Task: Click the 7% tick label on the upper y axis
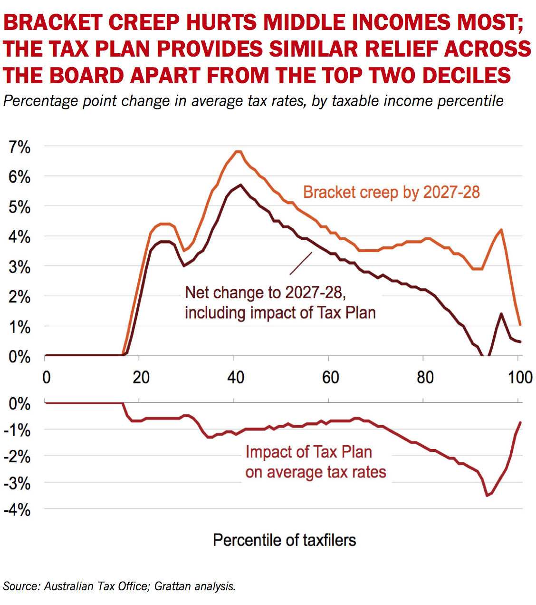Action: [19, 147]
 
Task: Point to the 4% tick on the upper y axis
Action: [19, 237]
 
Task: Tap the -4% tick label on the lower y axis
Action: [17, 510]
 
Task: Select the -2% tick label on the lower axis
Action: [17, 457]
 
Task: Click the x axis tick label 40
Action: [235, 377]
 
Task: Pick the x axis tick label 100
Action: [520, 377]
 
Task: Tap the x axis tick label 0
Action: [46, 377]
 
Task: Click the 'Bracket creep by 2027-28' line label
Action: [391, 192]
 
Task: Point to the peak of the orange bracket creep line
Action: [239, 152]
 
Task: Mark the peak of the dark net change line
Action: [241, 185]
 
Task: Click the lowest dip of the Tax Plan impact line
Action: [487, 496]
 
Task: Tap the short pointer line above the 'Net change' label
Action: [301, 263]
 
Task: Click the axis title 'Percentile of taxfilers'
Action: [284, 540]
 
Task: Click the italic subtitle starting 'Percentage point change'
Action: [253, 101]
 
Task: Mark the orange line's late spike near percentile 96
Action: [501, 230]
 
